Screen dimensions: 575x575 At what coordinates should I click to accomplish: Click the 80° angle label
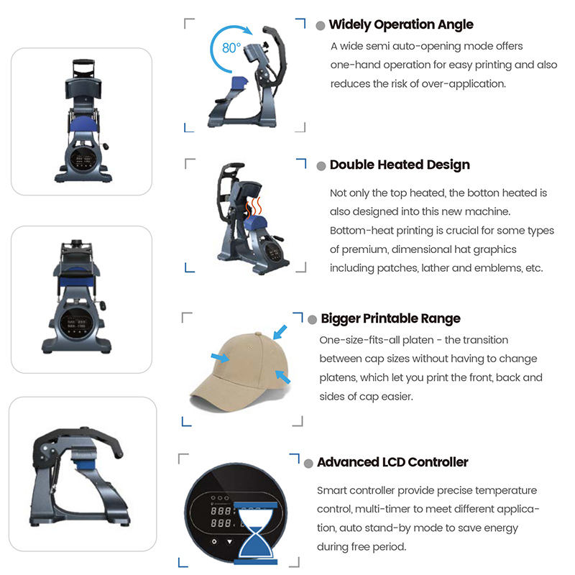click(x=231, y=47)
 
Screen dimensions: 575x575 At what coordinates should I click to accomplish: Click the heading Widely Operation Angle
click(x=401, y=24)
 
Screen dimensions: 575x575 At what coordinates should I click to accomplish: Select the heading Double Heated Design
click(x=400, y=165)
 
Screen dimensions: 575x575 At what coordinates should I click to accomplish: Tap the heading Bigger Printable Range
click(x=390, y=318)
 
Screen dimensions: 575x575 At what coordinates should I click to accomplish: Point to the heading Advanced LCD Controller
click(x=392, y=462)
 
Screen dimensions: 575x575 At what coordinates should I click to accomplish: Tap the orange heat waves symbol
click(x=254, y=208)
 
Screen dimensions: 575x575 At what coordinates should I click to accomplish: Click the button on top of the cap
click(x=258, y=334)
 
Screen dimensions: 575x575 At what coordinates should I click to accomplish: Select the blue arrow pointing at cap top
click(x=280, y=332)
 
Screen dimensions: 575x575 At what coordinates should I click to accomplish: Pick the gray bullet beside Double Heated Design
click(x=321, y=166)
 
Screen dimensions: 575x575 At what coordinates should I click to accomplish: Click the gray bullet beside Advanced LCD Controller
click(x=309, y=464)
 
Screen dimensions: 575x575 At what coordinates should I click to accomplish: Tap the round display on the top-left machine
click(x=83, y=158)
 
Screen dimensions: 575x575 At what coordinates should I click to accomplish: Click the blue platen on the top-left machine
click(x=83, y=124)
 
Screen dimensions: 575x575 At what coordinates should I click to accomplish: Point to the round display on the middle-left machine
click(x=77, y=323)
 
